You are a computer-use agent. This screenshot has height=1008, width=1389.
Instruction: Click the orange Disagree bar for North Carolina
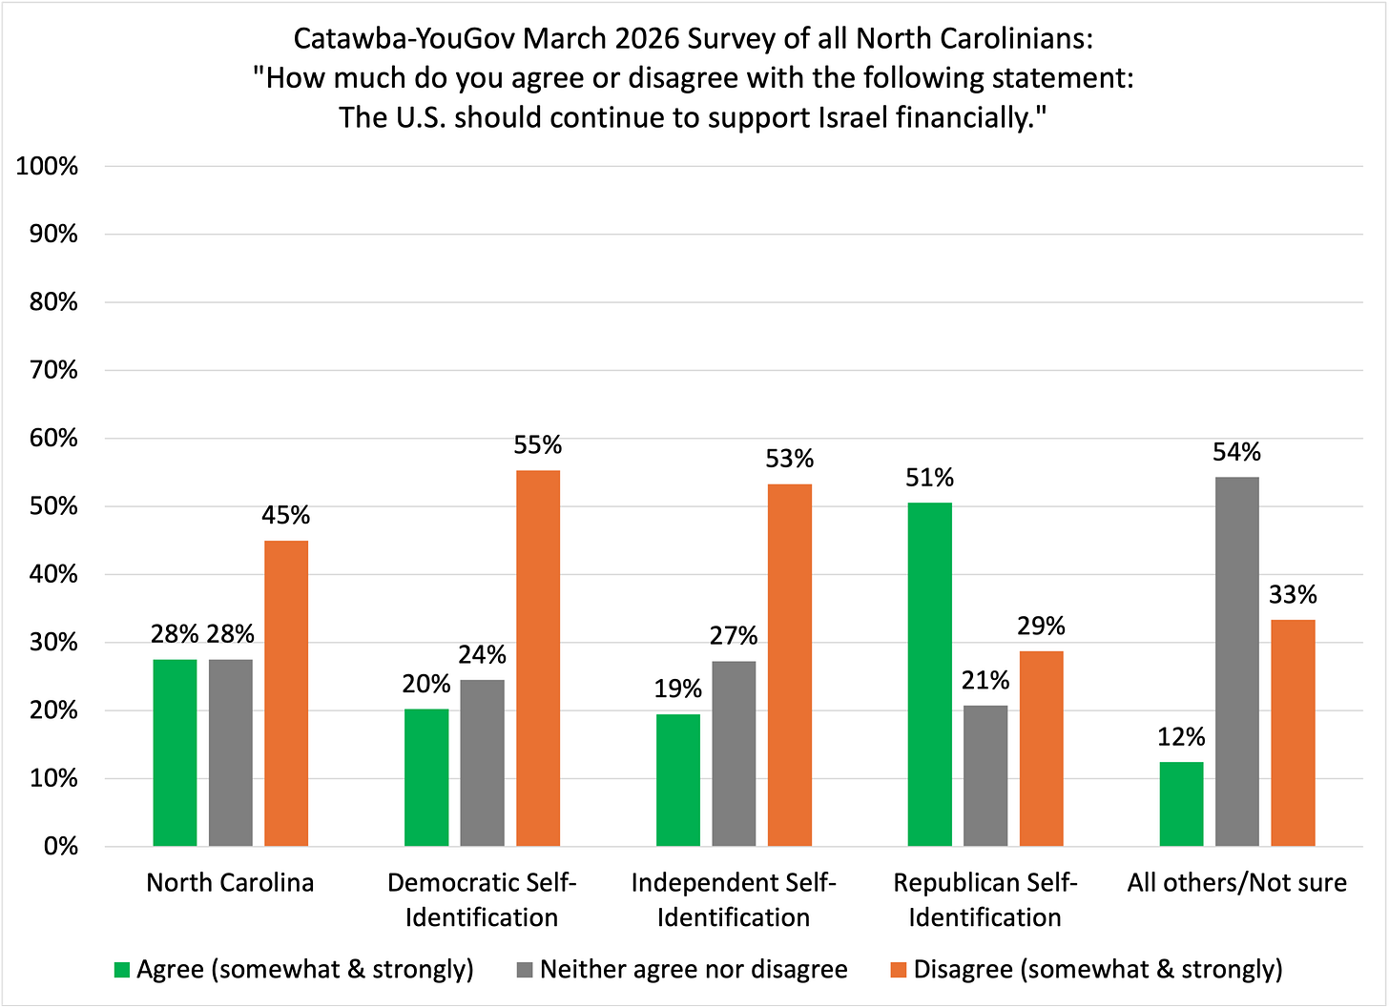click(286, 693)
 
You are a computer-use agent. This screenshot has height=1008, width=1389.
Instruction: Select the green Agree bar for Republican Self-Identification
click(929, 674)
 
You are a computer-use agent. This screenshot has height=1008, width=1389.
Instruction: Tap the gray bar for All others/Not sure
click(1237, 662)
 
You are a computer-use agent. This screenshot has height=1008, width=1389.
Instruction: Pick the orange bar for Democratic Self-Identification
click(538, 658)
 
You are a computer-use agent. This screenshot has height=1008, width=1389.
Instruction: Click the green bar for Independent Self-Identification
click(678, 780)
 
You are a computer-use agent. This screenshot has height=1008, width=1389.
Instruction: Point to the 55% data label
click(538, 445)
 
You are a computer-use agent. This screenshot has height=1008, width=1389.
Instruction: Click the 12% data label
click(1181, 737)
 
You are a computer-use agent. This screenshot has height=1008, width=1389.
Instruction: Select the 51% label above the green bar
click(929, 478)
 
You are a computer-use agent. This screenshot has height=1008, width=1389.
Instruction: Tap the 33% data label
click(1293, 595)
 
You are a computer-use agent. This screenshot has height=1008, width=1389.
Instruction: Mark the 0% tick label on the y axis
click(62, 847)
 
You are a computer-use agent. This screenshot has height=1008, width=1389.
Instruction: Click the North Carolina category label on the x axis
click(230, 883)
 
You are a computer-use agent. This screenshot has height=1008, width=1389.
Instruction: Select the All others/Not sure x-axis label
click(1236, 883)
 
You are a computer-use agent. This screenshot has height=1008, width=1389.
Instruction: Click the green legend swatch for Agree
click(121, 970)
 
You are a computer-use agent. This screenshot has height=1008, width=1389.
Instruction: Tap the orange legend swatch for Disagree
click(899, 970)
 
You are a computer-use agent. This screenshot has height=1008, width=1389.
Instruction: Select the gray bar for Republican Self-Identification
click(985, 775)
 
